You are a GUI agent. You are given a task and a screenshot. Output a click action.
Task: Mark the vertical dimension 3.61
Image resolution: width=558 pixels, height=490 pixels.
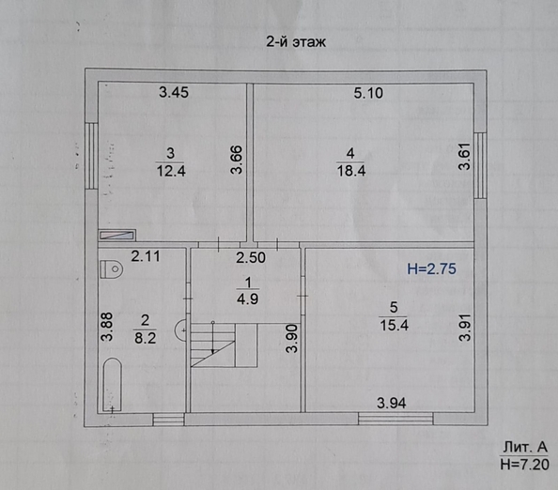coord(463,155)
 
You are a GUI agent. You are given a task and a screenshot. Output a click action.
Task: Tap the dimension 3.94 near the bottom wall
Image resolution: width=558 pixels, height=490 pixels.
coord(393,403)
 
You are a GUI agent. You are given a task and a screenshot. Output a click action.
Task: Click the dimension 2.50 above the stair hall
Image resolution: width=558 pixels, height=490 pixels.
coord(251,258)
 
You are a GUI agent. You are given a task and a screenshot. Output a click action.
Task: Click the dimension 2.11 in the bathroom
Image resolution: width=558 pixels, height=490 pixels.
coord(146,256)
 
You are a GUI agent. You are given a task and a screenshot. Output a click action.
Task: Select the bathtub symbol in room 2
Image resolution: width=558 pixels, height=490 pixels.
coord(111,385)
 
